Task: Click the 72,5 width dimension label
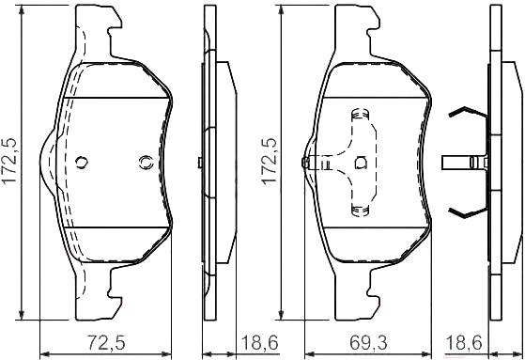106,342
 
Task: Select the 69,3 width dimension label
368,342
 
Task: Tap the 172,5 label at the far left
9,160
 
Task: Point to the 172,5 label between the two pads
270,160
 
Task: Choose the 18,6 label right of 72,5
259,342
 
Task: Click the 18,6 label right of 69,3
464,342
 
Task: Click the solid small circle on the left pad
82,163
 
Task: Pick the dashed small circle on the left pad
147,163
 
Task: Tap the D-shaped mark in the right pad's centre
361,163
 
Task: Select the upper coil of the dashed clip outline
361,115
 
